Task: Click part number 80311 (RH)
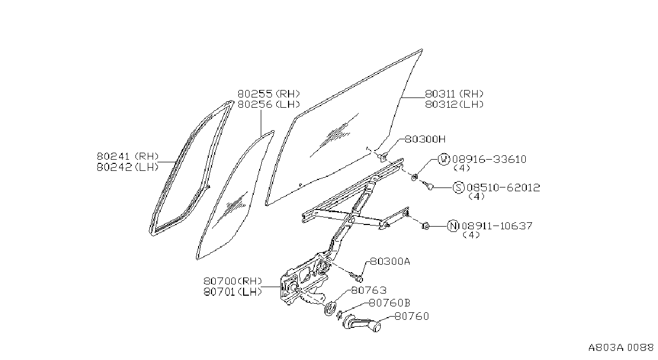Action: click(x=454, y=94)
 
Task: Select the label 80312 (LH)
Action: click(x=454, y=104)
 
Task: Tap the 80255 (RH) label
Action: click(x=268, y=94)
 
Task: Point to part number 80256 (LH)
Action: click(x=268, y=104)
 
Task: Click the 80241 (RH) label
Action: click(x=128, y=156)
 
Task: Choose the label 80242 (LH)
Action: click(x=128, y=167)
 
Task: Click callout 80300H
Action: click(x=425, y=139)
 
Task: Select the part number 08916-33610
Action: click(x=489, y=159)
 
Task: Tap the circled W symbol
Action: click(x=443, y=159)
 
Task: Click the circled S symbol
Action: click(x=458, y=187)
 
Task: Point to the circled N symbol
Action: click(x=453, y=226)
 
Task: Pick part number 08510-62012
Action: click(x=503, y=187)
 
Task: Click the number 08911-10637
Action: click(x=497, y=226)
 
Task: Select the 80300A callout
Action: click(x=390, y=261)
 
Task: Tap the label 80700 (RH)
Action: click(x=233, y=281)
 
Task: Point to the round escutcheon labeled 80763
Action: click(x=330, y=309)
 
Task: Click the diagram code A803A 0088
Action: click(x=621, y=348)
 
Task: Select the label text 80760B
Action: click(x=390, y=303)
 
